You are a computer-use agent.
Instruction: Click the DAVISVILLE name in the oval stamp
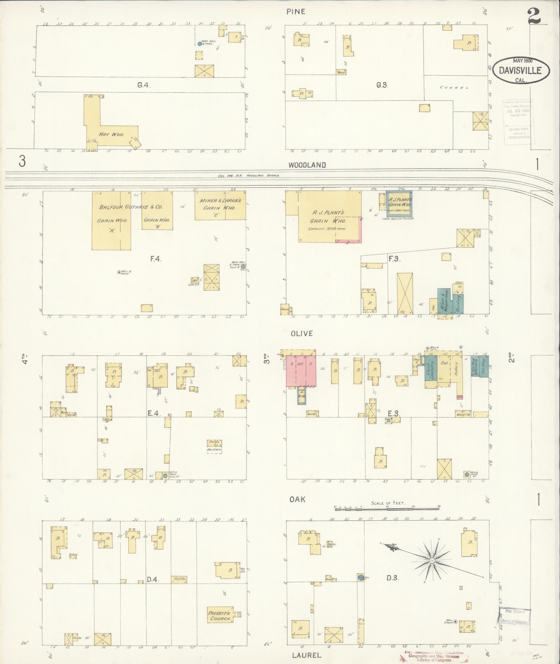520,70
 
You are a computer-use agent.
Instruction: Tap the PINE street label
295,12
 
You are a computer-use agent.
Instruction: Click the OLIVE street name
302,334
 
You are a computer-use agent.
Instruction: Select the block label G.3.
382,85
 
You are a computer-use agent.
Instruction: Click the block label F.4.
156,259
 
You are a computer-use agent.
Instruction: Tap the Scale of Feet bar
387,508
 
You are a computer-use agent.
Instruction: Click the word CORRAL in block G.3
454,88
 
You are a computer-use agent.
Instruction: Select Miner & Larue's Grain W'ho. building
220,205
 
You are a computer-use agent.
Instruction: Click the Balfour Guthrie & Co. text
131,207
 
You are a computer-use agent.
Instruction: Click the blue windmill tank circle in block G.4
199,44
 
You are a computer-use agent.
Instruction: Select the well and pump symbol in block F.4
119,272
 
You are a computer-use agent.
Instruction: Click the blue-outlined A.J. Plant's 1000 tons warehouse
399,204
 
